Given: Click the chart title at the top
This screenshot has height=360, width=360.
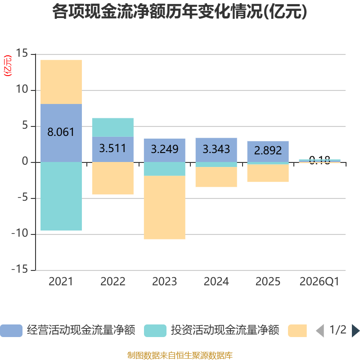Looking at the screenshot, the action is click(180, 11).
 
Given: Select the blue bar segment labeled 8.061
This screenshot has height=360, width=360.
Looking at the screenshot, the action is click(61, 133).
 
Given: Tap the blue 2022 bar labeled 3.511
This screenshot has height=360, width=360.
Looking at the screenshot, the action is click(113, 149).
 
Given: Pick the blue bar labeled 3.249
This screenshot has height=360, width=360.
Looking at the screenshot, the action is click(165, 150).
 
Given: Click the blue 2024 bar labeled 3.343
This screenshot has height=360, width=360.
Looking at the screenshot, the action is click(216, 150).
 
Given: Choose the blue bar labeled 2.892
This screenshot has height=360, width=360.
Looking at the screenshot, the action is click(268, 152).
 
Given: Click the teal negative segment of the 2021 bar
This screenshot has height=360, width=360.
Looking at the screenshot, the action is click(61, 196).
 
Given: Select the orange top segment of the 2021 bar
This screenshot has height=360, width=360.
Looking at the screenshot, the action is click(61, 82).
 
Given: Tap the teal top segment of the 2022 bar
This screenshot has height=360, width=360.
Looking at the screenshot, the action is click(113, 127).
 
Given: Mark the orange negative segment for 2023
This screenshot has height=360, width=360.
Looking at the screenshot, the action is click(165, 207).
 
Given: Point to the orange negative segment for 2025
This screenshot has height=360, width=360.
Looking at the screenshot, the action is click(268, 173).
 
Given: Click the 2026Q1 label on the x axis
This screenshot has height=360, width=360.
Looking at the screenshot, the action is click(319, 282).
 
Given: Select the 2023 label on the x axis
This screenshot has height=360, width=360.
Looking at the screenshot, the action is click(165, 282).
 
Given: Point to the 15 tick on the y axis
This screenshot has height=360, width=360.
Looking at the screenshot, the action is click(22, 53).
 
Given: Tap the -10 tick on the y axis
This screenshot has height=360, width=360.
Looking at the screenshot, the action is click(20, 233).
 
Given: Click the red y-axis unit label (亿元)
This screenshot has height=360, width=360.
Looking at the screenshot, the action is click(8, 65).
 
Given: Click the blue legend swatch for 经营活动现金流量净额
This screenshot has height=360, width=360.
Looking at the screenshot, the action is click(11, 331).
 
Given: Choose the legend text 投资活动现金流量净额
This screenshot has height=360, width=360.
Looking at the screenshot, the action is click(225, 330).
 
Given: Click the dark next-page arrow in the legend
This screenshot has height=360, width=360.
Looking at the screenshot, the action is click(355, 331).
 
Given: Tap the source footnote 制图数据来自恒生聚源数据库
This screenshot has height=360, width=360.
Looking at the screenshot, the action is click(180, 355).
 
